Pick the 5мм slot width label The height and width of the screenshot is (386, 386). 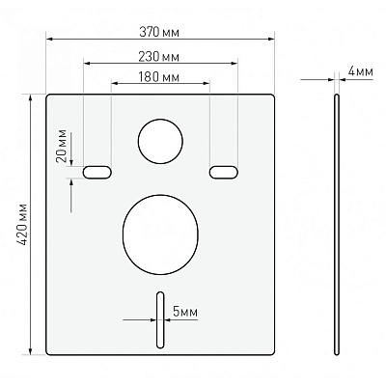pyautogui.click(x=184, y=312)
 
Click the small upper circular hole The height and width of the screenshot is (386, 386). pyautogui.click(x=158, y=141)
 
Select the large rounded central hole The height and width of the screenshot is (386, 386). pyautogui.click(x=160, y=230)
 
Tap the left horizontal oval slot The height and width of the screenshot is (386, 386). pyautogui.click(x=97, y=172)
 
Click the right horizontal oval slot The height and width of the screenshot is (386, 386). pyautogui.click(x=222, y=172)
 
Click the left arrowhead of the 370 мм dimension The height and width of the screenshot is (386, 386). pyautogui.click(x=47, y=40)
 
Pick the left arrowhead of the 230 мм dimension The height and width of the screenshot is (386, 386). pyautogui.click(x=88, y=65)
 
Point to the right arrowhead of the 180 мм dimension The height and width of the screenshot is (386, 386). pyautogui.click(x=208, y=84)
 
